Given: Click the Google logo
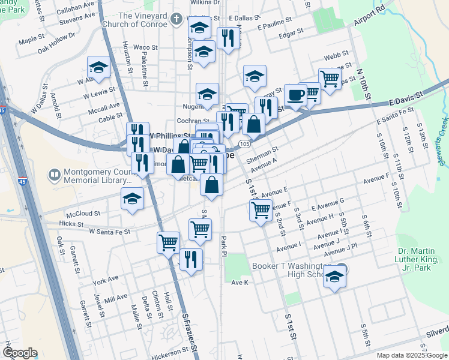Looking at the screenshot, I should (20, 353).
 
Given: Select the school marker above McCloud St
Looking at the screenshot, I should (132, 200).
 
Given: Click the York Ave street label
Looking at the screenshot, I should (106, 280).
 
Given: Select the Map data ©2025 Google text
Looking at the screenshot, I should (412, 355).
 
